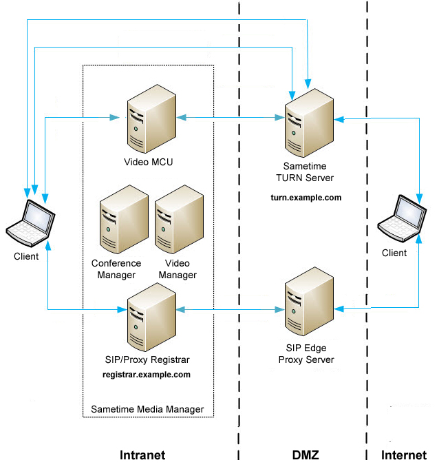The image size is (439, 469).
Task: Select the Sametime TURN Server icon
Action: (309, 125)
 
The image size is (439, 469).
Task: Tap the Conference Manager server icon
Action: (123, 223)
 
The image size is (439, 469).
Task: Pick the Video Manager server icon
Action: (178, 223)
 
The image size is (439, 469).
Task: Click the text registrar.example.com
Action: (146, 375)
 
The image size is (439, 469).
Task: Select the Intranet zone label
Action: (142, 455)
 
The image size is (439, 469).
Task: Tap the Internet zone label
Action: (404, 455)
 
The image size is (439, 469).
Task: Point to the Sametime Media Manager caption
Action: (147, 409)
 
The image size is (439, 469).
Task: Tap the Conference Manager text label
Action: (116, 269)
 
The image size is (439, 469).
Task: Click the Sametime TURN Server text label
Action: (309, 172)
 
